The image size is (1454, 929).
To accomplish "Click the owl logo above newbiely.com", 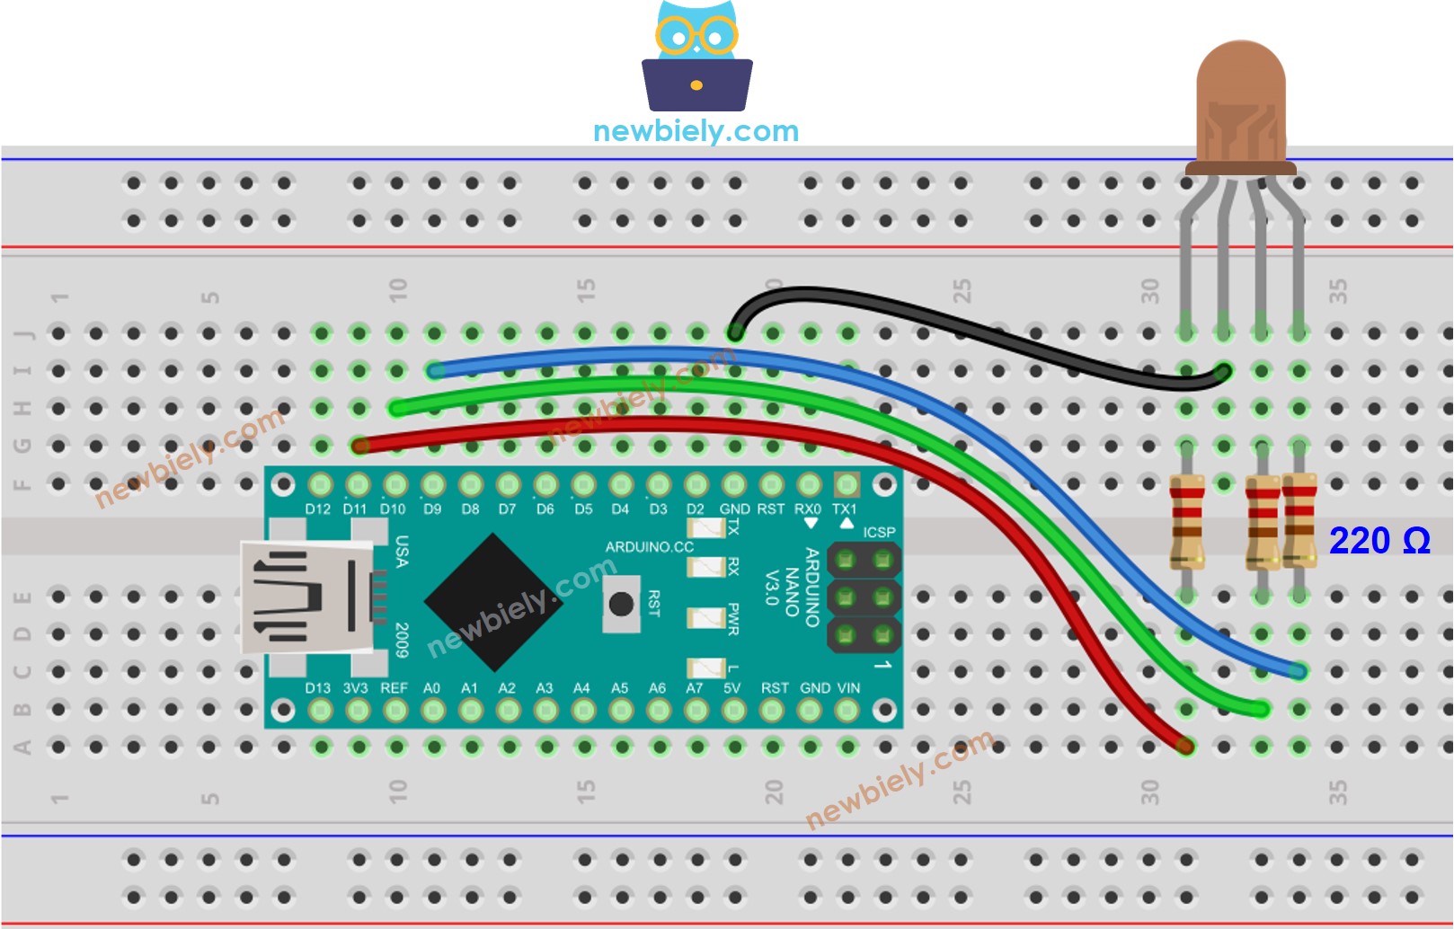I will (x=696, y=56).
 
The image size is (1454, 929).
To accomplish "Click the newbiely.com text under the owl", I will (x=696, y=131).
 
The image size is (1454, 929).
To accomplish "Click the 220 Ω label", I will (x=1379, y=541).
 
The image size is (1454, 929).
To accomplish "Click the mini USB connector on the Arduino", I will (x=306, y=597).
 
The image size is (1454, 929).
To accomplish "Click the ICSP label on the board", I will (x=879, y=532).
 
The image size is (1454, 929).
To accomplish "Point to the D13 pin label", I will (x=317, y=688).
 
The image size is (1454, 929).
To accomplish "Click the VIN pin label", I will (x=848, y=688).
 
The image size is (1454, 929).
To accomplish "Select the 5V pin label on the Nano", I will (x=731, y=688).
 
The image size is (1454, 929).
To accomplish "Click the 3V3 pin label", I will (x=356, y=688).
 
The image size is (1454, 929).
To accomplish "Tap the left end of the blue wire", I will (x=436, y=369).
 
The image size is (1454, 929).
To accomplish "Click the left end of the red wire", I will (x=360, y=445).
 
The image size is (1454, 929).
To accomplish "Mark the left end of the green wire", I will (x=397, y=408).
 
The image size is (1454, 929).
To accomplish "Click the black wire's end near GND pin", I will (x=735, y=332).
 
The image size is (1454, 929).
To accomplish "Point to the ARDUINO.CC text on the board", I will (x=649, y=546).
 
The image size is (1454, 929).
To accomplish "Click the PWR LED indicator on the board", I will (x=706, y=618).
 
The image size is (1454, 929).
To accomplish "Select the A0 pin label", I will (x=431, y=688).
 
